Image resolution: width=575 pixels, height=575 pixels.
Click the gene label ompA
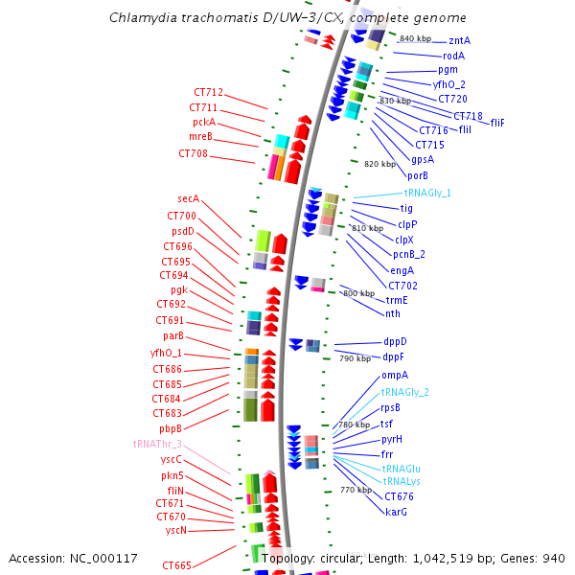395,376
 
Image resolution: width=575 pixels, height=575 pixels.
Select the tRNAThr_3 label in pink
157,445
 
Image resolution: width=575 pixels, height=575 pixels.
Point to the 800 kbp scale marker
358,293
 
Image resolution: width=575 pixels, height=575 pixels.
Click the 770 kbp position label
356,490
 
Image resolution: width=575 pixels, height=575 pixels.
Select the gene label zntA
459,41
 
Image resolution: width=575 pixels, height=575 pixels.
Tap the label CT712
207,93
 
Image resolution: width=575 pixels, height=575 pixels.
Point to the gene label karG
396,512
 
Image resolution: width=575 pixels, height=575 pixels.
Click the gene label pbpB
171,428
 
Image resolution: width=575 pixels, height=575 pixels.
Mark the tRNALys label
402,481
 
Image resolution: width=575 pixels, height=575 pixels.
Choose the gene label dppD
395,341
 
